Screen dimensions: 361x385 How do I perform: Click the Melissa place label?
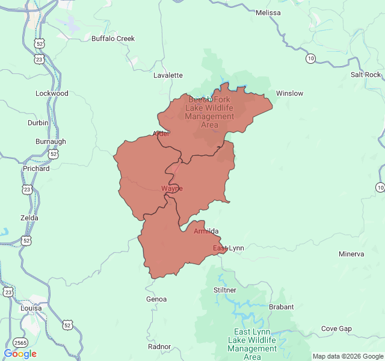point(268,13)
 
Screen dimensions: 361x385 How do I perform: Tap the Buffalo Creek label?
point(113,39)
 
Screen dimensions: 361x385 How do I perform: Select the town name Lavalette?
point(168,75)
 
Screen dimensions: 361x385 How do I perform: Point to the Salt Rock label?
point(366,75)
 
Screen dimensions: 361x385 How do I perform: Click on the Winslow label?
point(289,93)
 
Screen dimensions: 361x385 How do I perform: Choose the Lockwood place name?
point(52,93)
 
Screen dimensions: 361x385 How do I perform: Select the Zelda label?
point(29,218)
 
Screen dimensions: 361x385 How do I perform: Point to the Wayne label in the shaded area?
point(171,188)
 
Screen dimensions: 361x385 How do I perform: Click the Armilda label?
point(206,231)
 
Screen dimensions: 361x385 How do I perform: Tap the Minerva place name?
point(351,254)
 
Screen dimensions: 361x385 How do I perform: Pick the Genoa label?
point(156,299)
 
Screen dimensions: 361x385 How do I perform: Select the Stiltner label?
point(225,290)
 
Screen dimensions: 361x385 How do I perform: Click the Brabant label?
point(281,307)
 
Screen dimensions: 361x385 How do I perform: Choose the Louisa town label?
point(30,308)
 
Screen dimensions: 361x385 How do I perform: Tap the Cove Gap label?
point(336,329)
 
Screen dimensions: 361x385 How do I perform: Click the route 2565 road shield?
point(21,342)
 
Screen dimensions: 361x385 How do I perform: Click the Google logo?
point(20,354)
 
